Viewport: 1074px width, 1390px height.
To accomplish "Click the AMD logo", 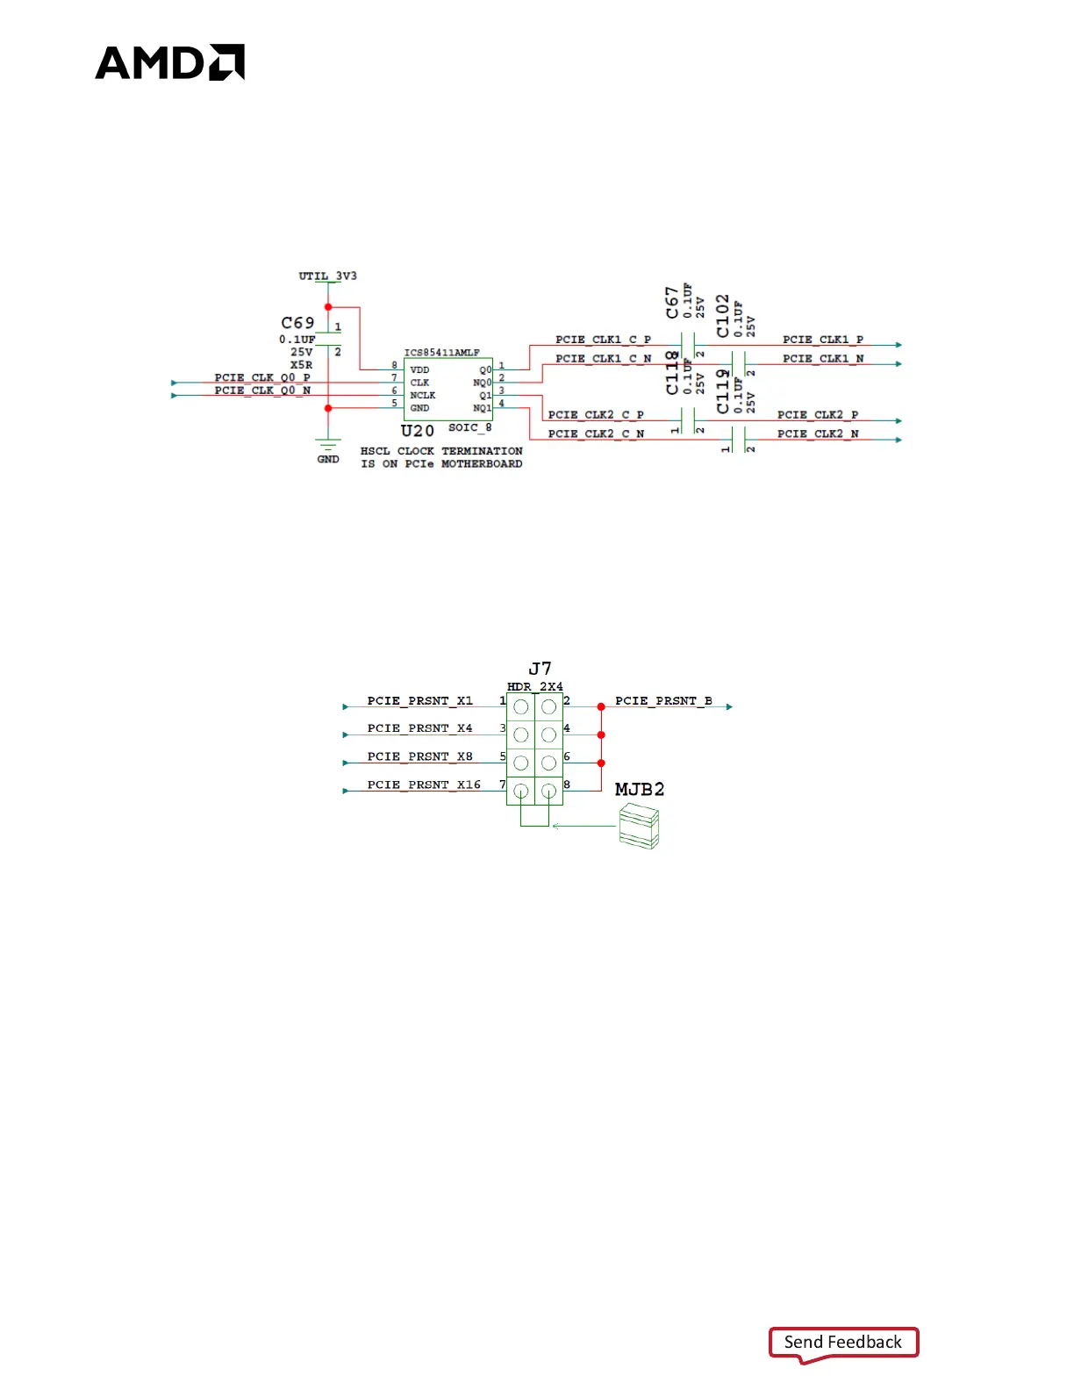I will (x=169, y=62).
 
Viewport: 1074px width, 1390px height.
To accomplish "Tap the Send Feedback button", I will (x=842, y=1342).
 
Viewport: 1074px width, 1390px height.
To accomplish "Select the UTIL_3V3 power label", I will (x=327, y=276).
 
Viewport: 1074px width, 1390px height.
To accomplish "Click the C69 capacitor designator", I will (x=297, y=323).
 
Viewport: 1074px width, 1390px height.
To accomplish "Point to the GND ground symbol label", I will (x=328, y=459).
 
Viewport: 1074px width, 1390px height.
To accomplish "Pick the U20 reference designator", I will (x=418, y=431).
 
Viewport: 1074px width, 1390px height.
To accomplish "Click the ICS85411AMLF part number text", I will (x=441, y=353).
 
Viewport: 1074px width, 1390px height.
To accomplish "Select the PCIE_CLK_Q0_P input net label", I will (x=262, y=377).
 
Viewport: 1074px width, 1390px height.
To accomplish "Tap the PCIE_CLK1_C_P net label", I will (x=603, y=340).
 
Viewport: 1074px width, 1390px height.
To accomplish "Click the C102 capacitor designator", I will (x=722, y=315).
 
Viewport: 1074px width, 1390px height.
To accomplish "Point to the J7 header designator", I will (x=540, y=669).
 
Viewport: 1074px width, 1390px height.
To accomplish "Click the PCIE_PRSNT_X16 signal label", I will (x=424, y=785).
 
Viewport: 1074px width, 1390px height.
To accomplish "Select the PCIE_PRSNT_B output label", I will (x=663, y=700).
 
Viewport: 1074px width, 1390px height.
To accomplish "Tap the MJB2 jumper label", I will (x=640, y=789).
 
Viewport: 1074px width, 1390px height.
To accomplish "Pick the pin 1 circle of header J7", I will (x=521, y=706).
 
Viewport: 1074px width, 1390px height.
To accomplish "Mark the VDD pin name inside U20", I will (x=419, y=370).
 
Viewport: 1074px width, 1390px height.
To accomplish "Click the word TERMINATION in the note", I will (x=482, y=451).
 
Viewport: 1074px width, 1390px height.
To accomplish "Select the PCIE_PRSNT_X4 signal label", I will (x=419, y=728).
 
